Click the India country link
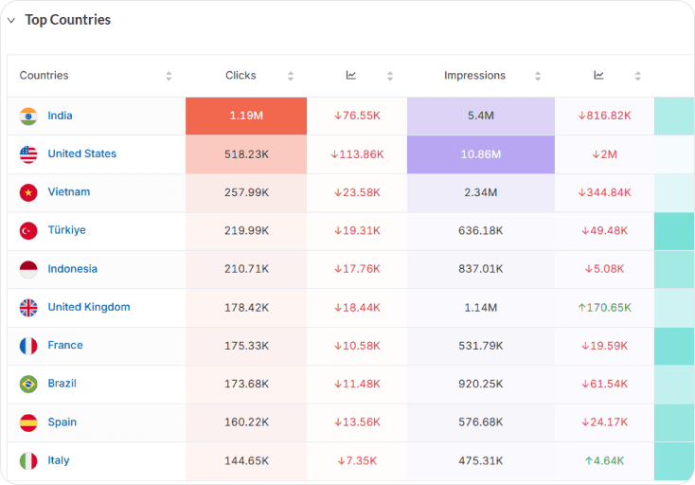[x=60, y=116]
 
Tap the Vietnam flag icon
[x=28, y=192]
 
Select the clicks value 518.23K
[x=246, y=154]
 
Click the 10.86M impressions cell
[x=480, y=154]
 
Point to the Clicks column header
[x=241, y=76]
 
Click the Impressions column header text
[x=474, y=76]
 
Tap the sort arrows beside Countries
[x=169, y=76]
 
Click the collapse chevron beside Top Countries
[x=11, y=20]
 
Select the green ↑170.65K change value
[x=605, y=307]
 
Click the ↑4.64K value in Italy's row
[x=605, y=460]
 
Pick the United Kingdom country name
[x=89, y=307]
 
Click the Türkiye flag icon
[x=28, y=230]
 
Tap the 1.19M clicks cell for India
[x=246, y=116]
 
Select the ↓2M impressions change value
[x=605, y=154]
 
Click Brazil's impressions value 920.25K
[x=480, y=384]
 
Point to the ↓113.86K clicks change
[x=357, y=154]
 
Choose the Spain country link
[x=62, y=422]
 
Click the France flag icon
[x=28, y=346]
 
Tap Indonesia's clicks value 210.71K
[x=246, y=269]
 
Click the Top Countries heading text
[x=68, y=20]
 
